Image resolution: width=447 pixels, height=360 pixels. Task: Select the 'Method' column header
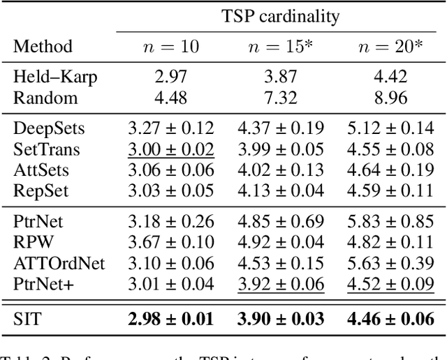pos(43,47)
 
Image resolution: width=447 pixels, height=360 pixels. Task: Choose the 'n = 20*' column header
pos(390,47)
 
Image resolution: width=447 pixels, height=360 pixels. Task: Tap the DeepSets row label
pos(40,128)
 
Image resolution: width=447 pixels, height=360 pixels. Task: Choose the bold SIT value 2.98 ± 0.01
pos(171,319)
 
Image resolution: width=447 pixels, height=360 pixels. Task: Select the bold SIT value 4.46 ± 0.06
pos(392,319)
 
